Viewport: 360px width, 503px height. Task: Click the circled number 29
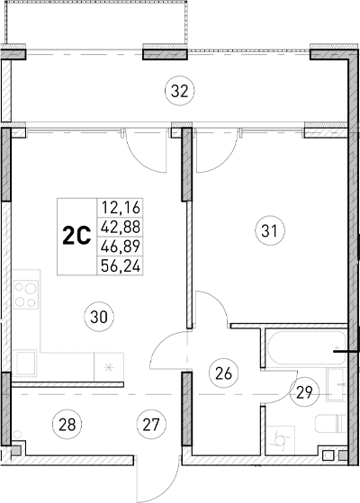[306, 391]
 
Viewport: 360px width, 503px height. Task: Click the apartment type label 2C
[76, 236]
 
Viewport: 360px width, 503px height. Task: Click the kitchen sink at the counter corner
[25, 364]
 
